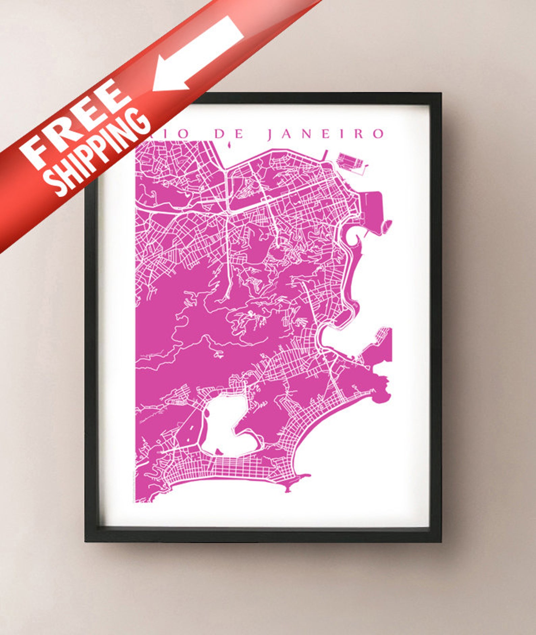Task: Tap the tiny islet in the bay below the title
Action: point(230,145)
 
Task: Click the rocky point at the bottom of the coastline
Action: point(289,488)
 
